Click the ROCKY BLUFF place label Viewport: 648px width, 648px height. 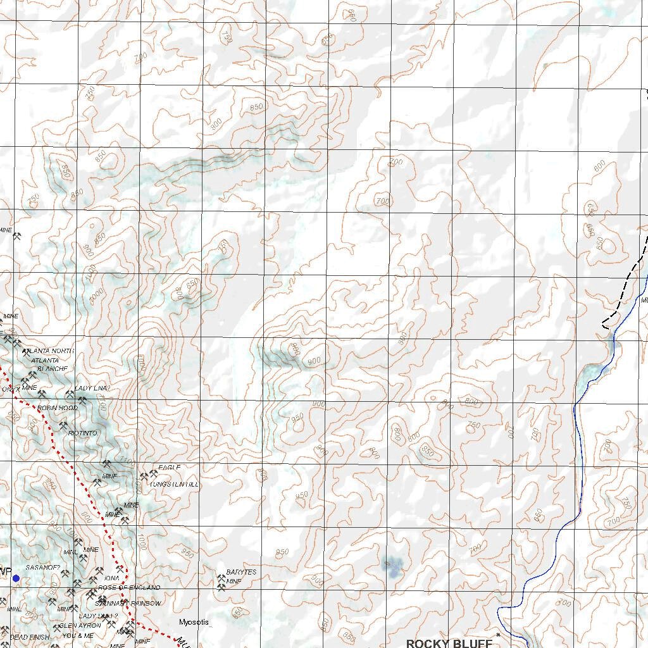point(449,643)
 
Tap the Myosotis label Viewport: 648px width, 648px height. point(194,622)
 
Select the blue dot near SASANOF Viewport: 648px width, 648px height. point(16,578)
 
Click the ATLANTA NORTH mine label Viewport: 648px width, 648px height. point(48,351)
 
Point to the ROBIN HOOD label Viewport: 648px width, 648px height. point(58,408)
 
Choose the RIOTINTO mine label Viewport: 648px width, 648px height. point(83,433)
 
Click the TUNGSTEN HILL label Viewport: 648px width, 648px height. point(174,484)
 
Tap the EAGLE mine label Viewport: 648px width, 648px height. point(170,468)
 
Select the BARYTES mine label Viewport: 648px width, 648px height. point(241,572)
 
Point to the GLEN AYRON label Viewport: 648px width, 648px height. point(80,625)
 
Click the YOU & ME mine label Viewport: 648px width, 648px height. point(78,635)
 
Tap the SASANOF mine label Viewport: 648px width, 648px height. point(42,568)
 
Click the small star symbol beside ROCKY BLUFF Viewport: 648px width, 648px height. point(499,634)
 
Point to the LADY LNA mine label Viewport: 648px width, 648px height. point(92,388)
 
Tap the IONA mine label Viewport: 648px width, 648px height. point(111,578)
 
